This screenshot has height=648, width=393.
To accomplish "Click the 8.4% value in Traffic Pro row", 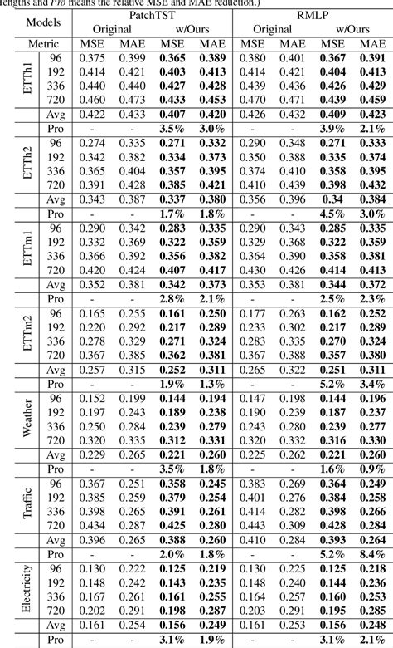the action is [371, 552].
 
